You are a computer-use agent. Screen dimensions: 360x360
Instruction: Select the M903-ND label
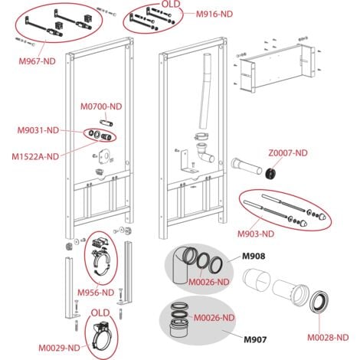pos(261,234)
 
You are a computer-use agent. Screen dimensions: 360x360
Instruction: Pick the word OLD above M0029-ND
pos(101,312)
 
